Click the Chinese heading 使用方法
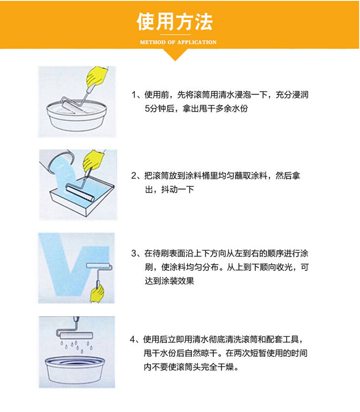click(175, 22)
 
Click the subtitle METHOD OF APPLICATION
click(178, 42)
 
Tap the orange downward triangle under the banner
click(175, 55)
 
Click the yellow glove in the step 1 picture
click(96, 76)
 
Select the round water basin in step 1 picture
click(76, 116)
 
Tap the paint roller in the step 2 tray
click(80, 193)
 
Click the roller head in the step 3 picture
click(99, 266)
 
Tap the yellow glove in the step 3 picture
click(97, 293)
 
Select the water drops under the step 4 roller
click(76, 346)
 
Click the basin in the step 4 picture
click(75, 370)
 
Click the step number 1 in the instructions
click(134, 95)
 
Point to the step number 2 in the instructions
click(134, 176)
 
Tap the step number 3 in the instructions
click(134, 254)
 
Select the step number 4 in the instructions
click(132, 339)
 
